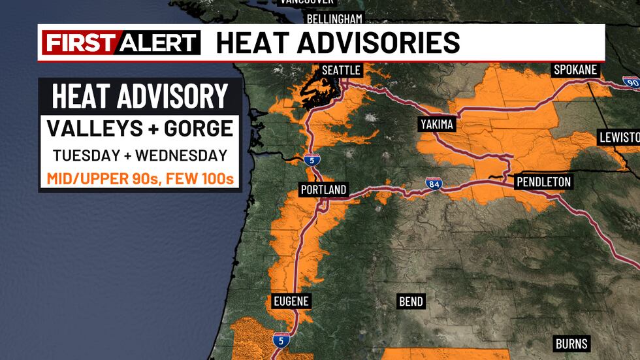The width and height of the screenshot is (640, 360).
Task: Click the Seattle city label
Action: (341, 70)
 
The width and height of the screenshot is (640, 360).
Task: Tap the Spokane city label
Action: (576, 70)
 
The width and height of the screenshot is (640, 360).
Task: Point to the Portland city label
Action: (323, 190)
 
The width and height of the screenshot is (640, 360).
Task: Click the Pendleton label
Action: (543, 182)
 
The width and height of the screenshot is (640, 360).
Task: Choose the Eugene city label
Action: (291, 301)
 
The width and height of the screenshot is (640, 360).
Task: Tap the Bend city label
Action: (411, 301)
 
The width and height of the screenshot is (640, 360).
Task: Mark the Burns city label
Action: (571, 343)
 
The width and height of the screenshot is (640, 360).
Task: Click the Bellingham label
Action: (334, 18)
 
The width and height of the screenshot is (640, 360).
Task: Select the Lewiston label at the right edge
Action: (620, 137)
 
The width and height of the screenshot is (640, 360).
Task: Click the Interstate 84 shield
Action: (433, 184)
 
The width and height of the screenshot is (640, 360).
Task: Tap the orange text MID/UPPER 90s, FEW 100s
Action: (140, 178)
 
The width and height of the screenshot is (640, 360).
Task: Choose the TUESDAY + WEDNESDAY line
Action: (140, 155)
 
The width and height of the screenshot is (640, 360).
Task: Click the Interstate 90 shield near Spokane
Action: (631, 82)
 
